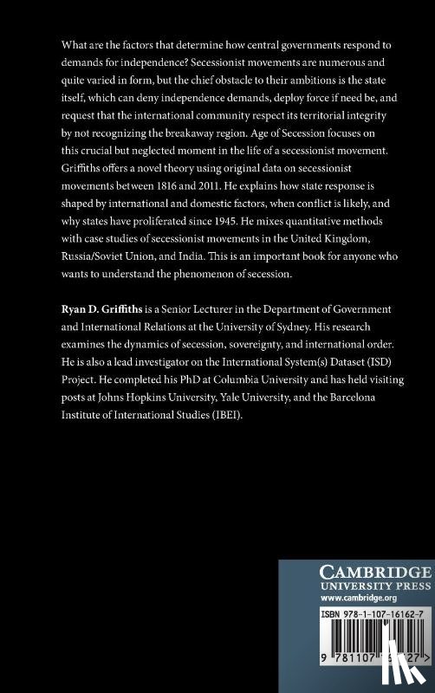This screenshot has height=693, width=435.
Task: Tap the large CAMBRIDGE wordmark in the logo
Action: pos(355,573)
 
